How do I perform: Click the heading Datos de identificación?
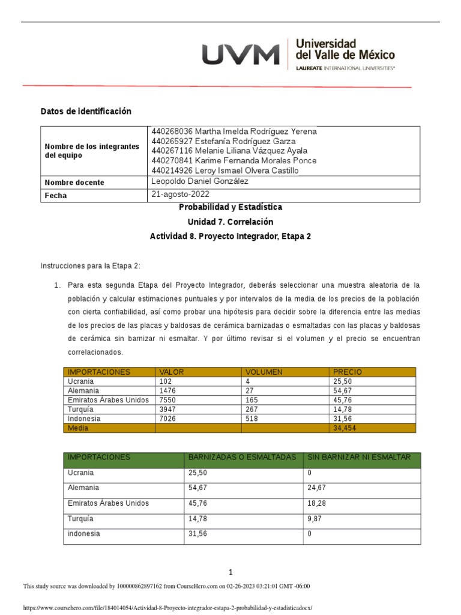tap(85, 112)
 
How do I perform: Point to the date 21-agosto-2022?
tap(180, 195)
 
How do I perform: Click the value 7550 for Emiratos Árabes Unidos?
tap(167, 399)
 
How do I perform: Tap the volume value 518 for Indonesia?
tap(251, 418)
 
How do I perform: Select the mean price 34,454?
tap(345, 428)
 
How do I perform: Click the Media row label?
tap(77, 428)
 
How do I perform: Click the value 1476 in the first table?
tap(167, 390)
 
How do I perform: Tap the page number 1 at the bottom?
tap(230, 572)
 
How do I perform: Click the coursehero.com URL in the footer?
tap(167, 607)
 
